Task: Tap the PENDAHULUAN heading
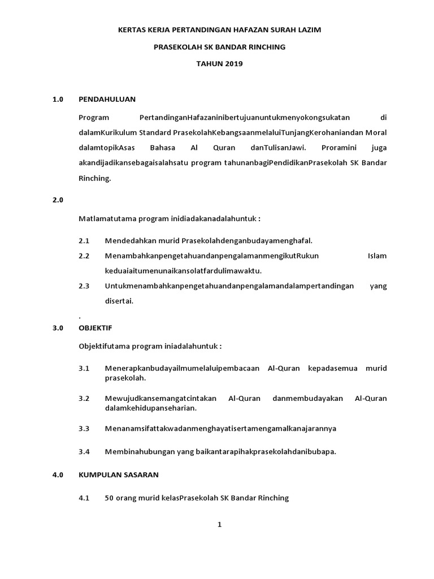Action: pyautogui.click(x=107, y=99)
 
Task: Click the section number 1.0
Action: pyautogui.click(x=58, y=99)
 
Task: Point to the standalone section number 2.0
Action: pyautogui.click(x=58, y=200)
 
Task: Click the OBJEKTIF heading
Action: pyautogui.click(x=96, y=327)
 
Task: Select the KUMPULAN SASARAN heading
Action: pyautogui.click(x=119, y=475)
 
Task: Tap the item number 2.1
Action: pyautogui.click(x=84, y=240)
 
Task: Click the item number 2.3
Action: pyautogui.click(x=84, y=286)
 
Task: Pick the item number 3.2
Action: pyautogui.click(x=84, y=398)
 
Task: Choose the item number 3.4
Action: pyautogui.click(x=84, y=451)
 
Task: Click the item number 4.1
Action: pyautogui.click(x=84, y=498)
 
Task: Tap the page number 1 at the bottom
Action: pyautogui.click(x=220, y=524)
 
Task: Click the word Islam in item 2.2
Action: pyautogui.click(x=377, y=256)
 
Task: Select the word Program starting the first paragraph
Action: pyautogui.click(x=93, y=118)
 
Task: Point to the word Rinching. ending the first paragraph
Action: pyautogui.click(x=95, y=178)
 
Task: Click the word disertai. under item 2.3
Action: pyautogui.click(x=119, y=301)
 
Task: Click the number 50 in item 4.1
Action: pyautogui.click(x=110, y=498)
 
